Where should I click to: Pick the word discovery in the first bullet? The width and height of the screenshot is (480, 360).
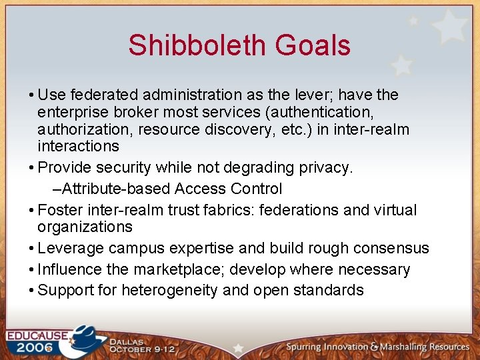(x=233, y=129)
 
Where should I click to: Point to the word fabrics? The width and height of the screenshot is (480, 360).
(x=224, y=211)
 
